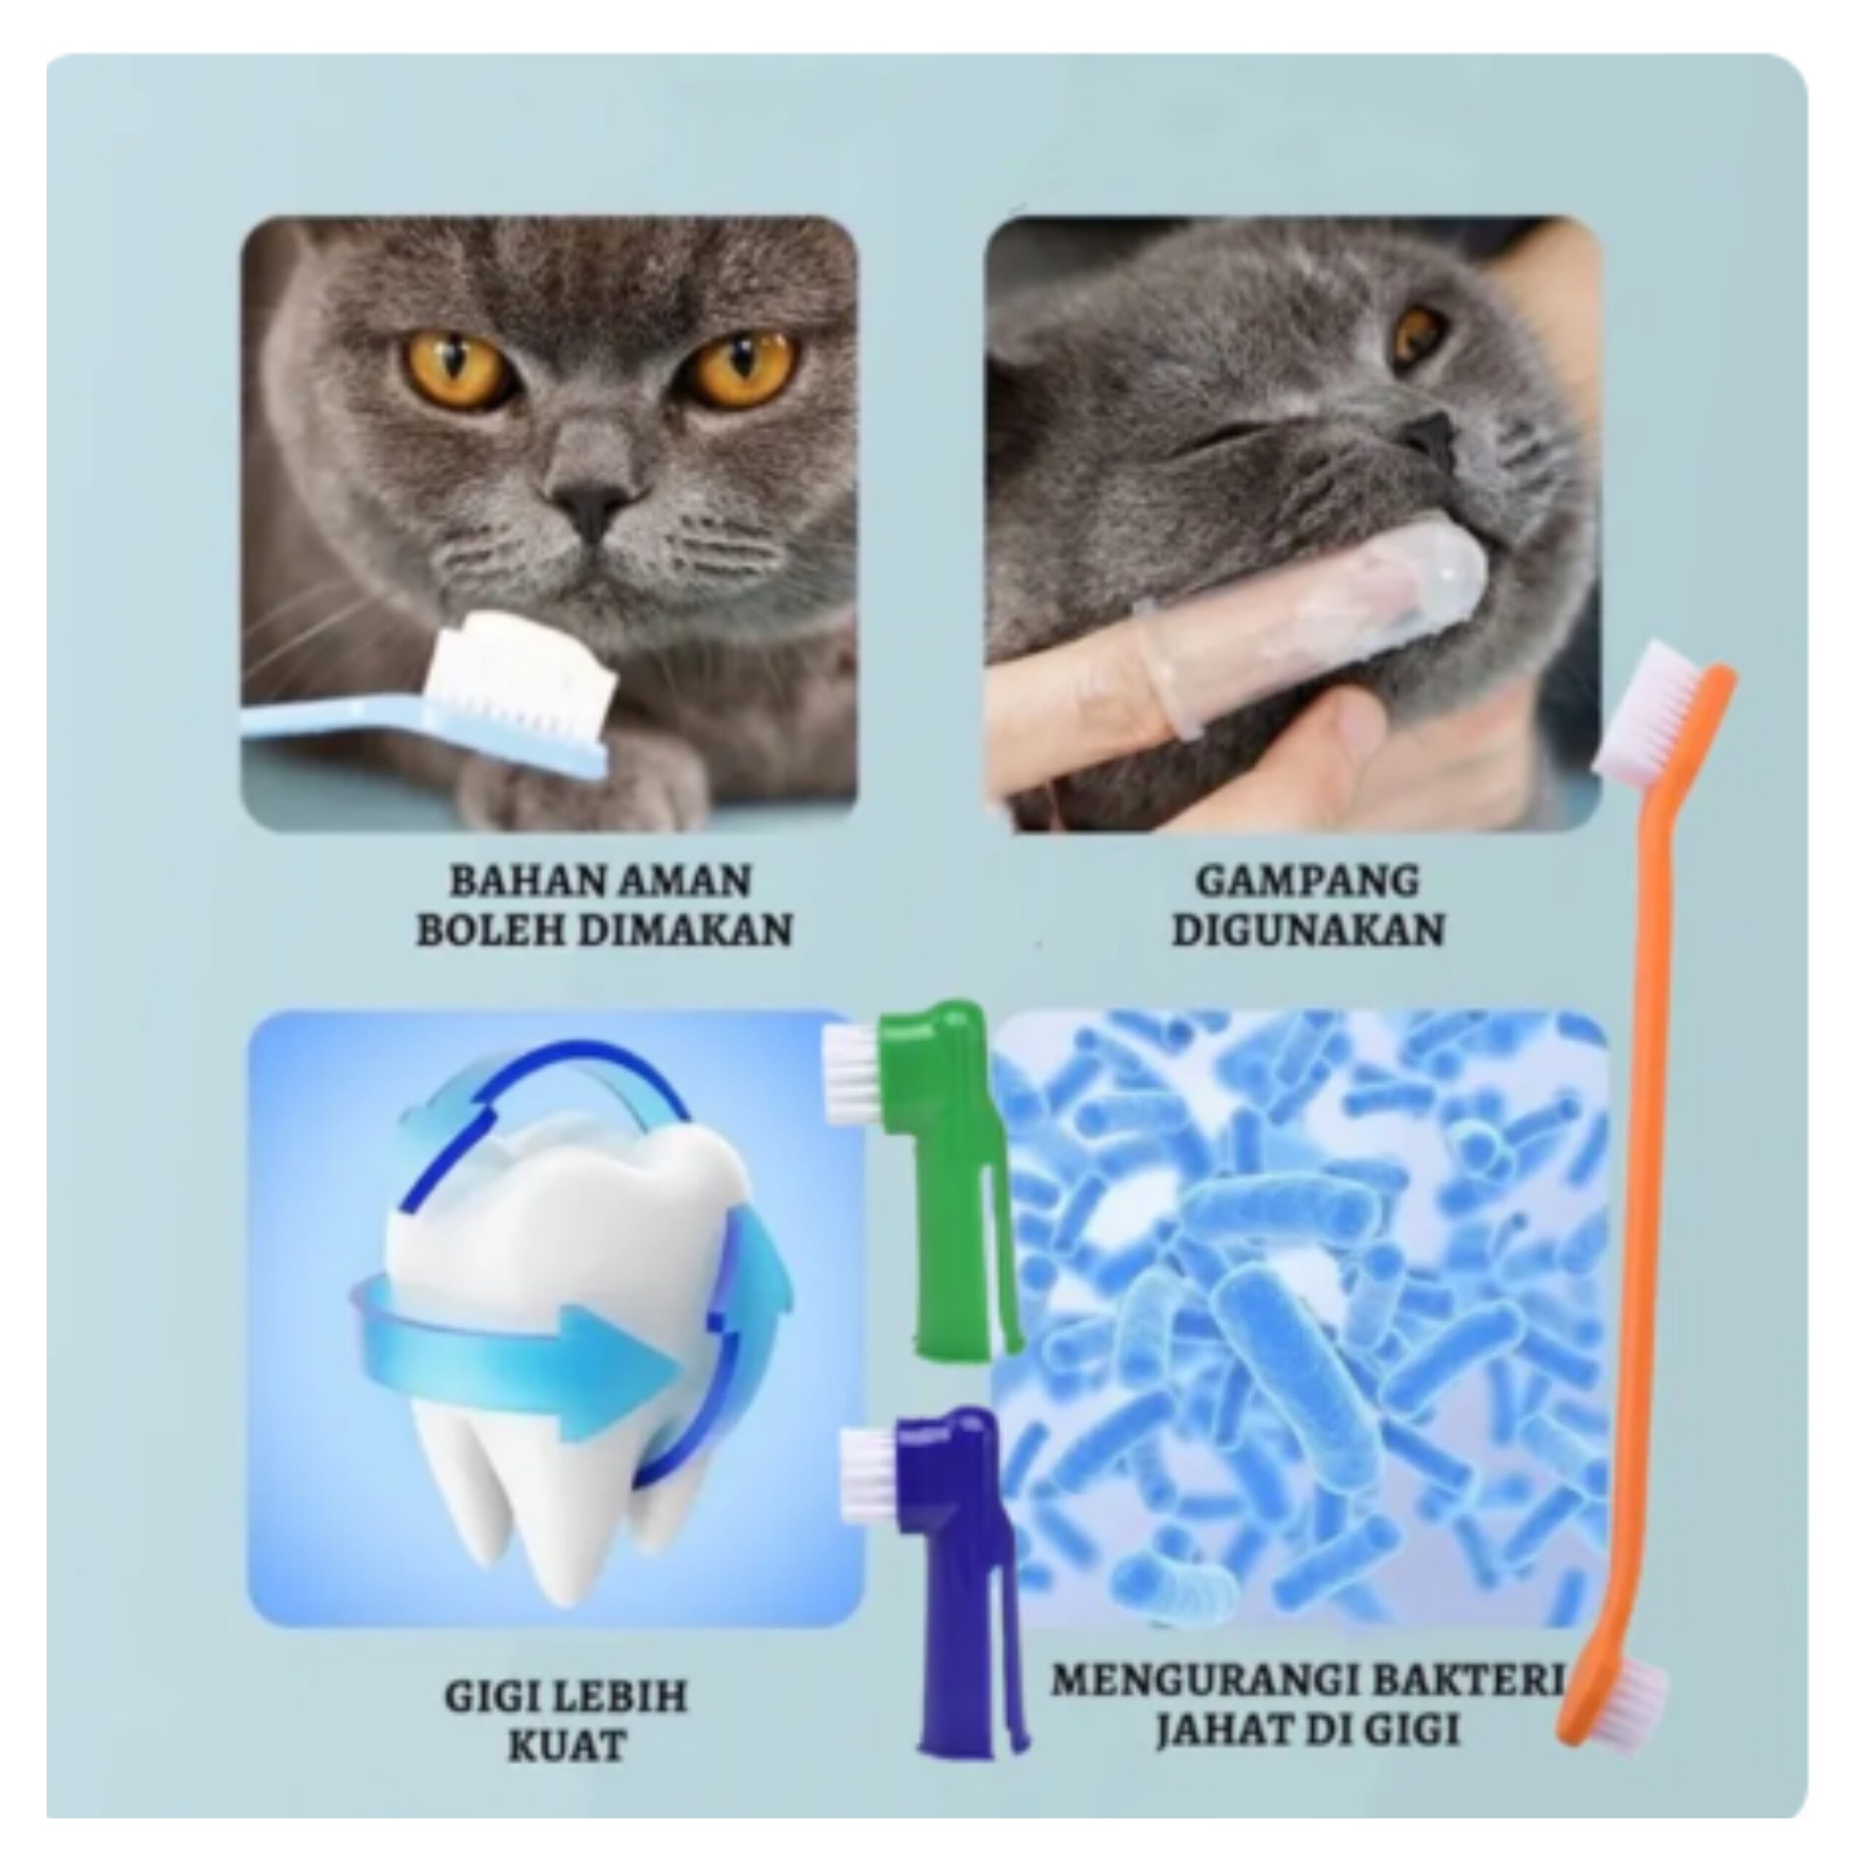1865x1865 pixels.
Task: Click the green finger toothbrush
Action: coord(936,1178)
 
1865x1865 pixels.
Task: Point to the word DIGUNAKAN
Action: coord(1307,930)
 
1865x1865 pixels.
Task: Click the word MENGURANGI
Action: coord(1198,1680)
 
